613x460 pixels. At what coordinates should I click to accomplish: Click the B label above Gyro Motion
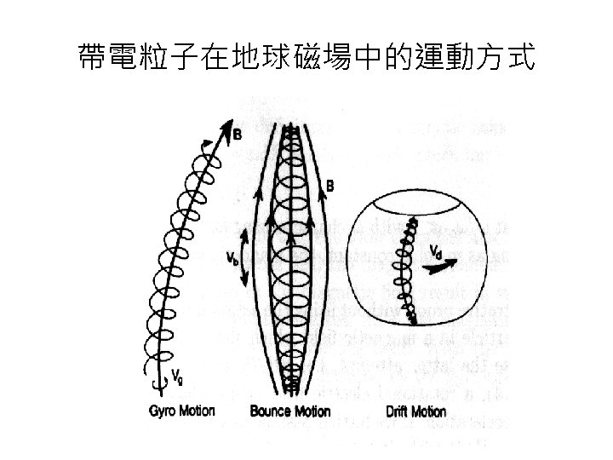pos(238,134)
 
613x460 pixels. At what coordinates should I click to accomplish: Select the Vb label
pos(231,257)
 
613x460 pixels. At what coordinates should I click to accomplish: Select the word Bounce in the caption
pos(270,411)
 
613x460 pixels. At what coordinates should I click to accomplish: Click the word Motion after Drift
pos(429,412)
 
